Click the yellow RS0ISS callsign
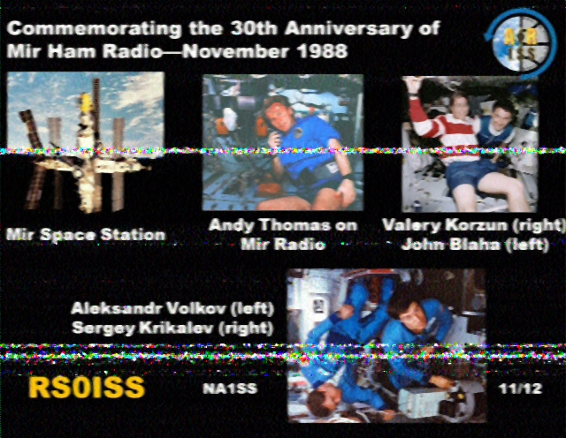click(87, 388)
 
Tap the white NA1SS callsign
click(230, 389)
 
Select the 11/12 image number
click(521, 389)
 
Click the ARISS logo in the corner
click(520, 43)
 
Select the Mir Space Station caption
click(86, 235)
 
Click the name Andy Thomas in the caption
click(270, 225)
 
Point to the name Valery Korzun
click(445, 225)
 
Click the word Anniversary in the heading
click(348, 28)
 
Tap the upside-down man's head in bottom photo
click(320, 400)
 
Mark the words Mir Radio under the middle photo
click(283, 245)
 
